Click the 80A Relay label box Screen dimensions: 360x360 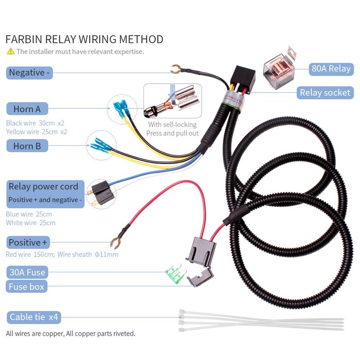[x=330, y=68]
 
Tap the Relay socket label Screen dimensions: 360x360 [x=325, y=93]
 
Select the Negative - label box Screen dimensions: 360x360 [x=30, y=72]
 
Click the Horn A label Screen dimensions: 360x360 [x=27, y=109]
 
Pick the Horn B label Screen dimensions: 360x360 [x=27, y=146]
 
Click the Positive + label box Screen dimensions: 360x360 [x=28, y=243]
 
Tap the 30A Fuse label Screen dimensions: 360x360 [x=27, y=272]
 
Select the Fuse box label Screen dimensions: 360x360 [x=27, y=286]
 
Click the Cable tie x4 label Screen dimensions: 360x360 [x=34, y=317]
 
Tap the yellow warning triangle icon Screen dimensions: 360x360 [x=10, y=51]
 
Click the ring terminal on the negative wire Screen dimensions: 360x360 [x=176, y=69]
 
